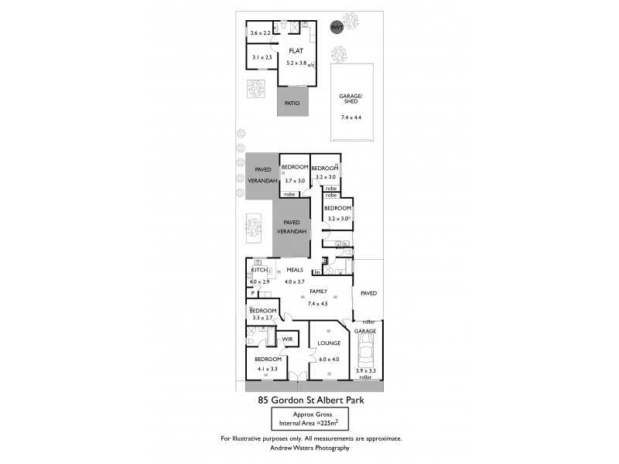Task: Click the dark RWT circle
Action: (337, 27)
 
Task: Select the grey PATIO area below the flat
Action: (292, 103)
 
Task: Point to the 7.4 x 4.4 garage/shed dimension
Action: (351, 118)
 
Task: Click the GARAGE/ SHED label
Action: (351, 99)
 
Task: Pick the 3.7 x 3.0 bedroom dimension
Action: (294, 180)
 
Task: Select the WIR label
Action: (287, 339)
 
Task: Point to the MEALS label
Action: (295, 270)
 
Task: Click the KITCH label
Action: (258, 270)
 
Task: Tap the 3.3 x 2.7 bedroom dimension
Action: (262, 317)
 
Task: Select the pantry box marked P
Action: (252, 295)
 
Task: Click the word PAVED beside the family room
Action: (368, 293)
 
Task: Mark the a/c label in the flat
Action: (311, 65)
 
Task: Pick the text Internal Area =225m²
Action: (309, 422)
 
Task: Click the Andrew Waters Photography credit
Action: (309, 448)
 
